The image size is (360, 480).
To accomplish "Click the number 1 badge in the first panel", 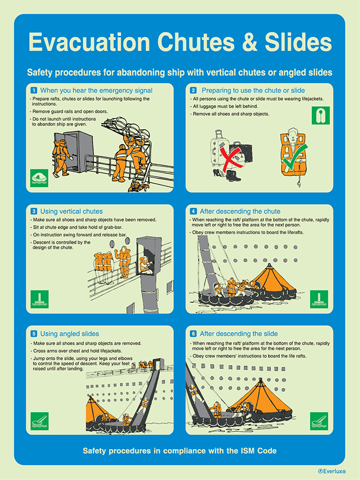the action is coord(34,90).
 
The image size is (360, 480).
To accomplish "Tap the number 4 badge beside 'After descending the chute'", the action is coord(193,211).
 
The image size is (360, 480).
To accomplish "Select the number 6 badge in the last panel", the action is coord(193,334).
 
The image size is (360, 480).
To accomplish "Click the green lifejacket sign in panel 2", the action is coord(320,115).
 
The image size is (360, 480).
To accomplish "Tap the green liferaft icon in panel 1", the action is coord(40,178).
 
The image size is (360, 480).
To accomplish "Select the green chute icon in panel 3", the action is coord(40,299).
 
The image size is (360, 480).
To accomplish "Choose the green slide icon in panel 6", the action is coord(319,421).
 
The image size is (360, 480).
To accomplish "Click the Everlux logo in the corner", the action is coord(332,471).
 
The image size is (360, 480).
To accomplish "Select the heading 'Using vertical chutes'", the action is coord(71,211).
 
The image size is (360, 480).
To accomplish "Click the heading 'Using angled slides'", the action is coord(70,334).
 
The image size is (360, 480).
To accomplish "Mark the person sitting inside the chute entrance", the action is coord(145,265).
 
